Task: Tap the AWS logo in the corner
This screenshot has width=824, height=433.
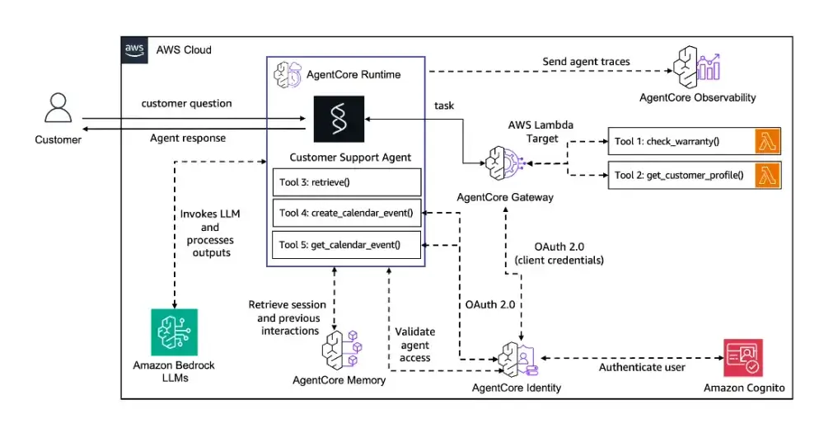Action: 134,49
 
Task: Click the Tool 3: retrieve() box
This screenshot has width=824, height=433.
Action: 347,181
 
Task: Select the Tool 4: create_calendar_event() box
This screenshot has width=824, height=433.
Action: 347,213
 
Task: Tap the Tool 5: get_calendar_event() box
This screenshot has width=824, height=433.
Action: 347,245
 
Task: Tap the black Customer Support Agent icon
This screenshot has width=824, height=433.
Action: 339,119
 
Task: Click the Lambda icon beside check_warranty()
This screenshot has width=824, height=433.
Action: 768,141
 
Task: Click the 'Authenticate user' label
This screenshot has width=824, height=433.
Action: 641,367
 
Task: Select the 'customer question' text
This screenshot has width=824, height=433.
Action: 186,103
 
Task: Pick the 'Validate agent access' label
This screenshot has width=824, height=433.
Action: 415,344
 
